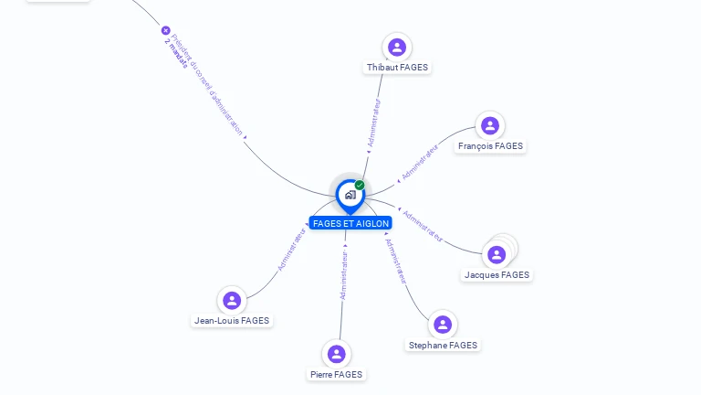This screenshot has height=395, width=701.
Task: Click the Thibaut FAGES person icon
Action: [x=396, y=47]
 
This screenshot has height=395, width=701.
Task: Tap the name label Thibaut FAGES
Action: [x=397, y=68]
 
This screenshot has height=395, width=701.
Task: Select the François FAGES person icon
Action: [x=490, y=125]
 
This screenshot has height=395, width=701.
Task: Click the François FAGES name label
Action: [x=491, y=146]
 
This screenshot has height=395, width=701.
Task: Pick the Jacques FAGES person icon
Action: [x=497, y=254]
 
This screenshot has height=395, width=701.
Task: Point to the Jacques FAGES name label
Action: [x=497, y=275]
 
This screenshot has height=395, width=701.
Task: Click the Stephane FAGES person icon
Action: [x=443, y=325]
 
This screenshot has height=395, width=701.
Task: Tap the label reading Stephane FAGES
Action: [x=443, y=346]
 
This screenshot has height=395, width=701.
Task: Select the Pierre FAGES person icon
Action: [x=336, y=354]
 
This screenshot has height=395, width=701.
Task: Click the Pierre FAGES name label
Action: [x=336, y=375]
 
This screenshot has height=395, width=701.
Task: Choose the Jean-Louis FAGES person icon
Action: [x=232, y=300]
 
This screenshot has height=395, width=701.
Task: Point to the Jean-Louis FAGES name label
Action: [x=232, y=321]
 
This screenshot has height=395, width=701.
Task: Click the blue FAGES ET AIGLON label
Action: [x=350, y=223]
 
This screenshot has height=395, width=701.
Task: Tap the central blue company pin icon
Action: [x=349, y=195]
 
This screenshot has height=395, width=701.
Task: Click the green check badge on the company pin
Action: [x=360, y=185]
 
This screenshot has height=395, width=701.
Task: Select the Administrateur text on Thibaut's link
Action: [x=373, y=123]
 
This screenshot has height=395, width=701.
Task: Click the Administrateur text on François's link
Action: [x=421, y=160]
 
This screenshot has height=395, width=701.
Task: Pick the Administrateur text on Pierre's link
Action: [x=343, y=276]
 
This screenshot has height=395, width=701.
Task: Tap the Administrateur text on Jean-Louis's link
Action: [x=291, y=250]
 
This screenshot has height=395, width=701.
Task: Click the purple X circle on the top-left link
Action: [x=165, y=30]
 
